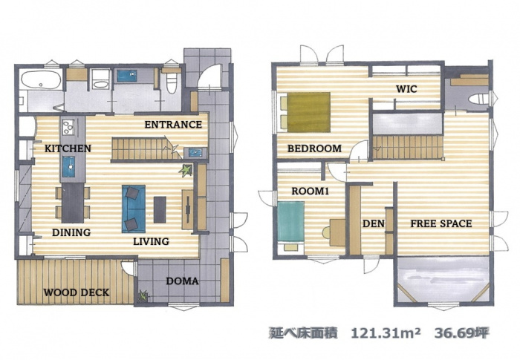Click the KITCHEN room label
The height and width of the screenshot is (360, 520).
(68, 148)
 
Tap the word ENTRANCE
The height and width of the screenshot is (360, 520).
(173, 124)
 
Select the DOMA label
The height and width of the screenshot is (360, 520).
(182, 281)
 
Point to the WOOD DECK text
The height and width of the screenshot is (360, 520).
(77, 292)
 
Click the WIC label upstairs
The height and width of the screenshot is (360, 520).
(406, 89)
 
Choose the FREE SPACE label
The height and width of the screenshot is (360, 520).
(441, 223)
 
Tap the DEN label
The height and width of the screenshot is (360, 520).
(374, 223)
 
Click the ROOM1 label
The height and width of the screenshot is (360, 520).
(310, 191)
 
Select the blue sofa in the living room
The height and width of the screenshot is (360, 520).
(134, 209)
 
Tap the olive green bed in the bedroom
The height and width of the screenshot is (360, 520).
(309, 112)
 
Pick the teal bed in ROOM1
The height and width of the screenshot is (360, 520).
(291, 221)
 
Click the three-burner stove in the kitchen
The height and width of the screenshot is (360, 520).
(68, 127)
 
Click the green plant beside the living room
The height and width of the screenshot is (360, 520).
(186, 170)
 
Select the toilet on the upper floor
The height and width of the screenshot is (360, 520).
(479, 99)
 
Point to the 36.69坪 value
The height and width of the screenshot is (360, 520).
(461, 333)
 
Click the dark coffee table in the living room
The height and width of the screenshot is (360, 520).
(160, 209)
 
